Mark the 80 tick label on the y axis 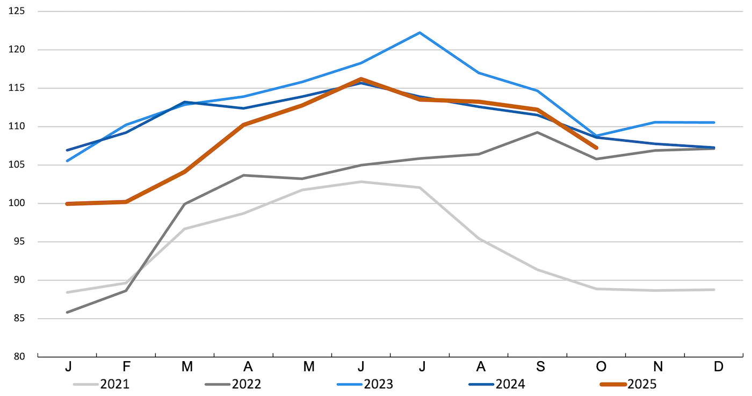click(x=20, y=357)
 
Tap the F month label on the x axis click(x=126, y=367)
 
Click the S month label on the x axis click(x=540, y=367)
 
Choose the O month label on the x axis click(x=601, y=367)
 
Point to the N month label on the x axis click(x=657, y=367)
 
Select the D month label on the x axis click(x=719, y=367)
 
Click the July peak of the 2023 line click(x=420, y=33)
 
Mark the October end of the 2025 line click(x=596, y=148)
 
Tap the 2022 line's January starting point click(x=67, y=312)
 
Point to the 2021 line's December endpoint click(x=714, y=290)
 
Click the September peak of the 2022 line click(x=538, y=132)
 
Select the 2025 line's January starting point click(x=67, y=204)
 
